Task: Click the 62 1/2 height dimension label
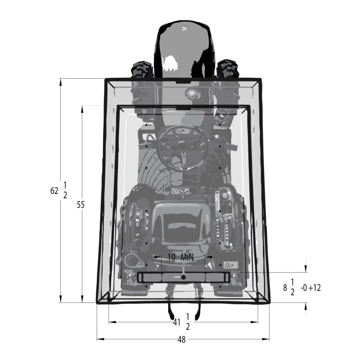(x=58, y=190)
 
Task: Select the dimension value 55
(x=81, y=204)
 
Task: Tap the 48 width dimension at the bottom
(x=181, y=340)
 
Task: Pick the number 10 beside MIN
(x=172, y=257)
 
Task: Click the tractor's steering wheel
(x=182, y=146)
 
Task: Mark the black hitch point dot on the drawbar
(x=183, y=277)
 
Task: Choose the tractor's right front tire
(x=227, y=69)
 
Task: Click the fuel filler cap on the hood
(x=193, y=93)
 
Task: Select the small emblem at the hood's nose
(x=183, y=28)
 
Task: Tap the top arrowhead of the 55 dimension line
(x=82, y=108)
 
